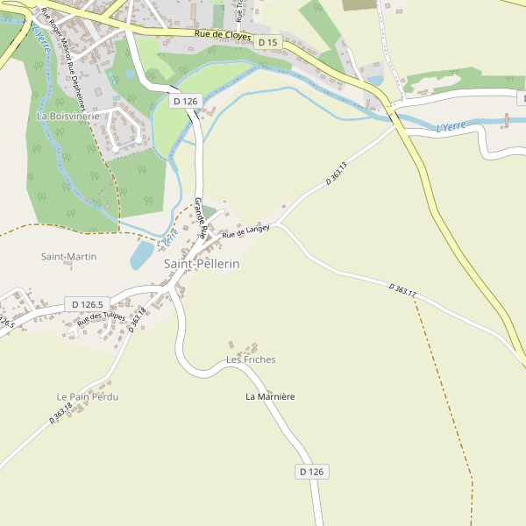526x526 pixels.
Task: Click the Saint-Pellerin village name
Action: tap(202, 263)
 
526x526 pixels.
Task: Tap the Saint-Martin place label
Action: tap(69, 257)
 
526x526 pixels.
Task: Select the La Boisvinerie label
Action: tap(68, 116)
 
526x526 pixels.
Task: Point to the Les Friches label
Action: tap(251, 359)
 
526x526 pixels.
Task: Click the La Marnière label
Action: tap(270, 397)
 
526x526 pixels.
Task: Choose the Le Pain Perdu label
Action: tap(88, 397)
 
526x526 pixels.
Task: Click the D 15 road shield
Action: tap(267, 42)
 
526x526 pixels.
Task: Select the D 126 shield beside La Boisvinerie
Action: tap(186, 101)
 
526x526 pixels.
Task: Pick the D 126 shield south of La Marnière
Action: tap(311, 472)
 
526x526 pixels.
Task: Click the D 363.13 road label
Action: tap(337, 173)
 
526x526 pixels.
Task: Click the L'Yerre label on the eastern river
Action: tap(451, 127)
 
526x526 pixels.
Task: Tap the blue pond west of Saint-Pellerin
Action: tap(142, 255)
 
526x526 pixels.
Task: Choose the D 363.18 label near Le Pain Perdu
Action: tap(61, 412)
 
